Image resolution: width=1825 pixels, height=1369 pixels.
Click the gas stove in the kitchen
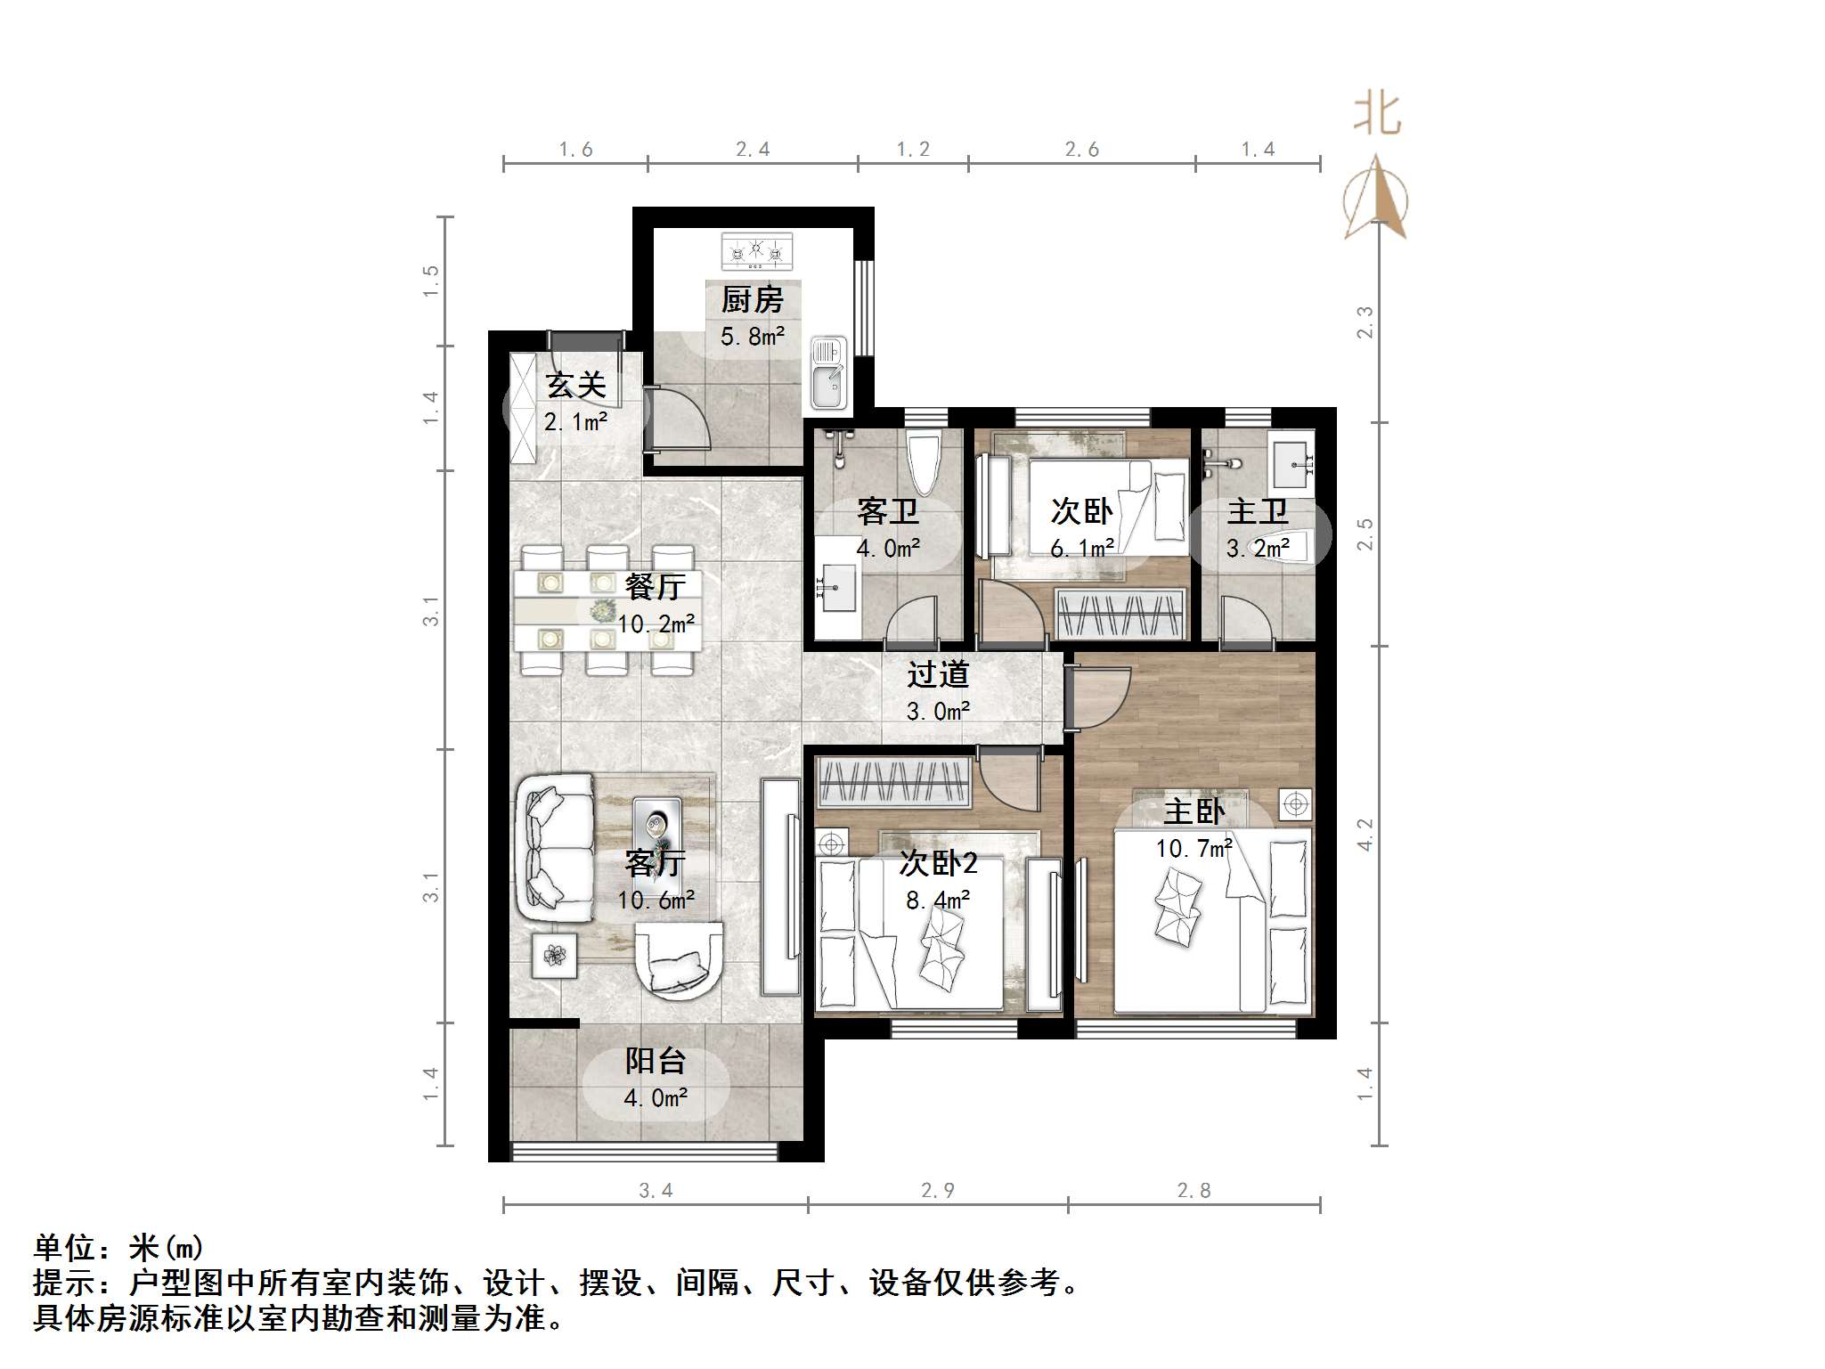(756, 251)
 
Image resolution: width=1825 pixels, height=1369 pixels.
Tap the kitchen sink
(828, 373)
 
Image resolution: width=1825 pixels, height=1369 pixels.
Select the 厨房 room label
(753, 299)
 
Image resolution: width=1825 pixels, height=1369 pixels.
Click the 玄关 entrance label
(575, 385)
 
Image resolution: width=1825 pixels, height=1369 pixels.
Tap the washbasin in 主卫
(1291, 463)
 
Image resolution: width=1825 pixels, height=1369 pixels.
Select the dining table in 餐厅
(607, 611)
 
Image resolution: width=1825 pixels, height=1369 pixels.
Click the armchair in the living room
(679, 960)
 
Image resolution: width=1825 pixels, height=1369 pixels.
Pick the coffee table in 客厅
(656, 829)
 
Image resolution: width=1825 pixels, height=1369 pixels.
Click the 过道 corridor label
(938, 674)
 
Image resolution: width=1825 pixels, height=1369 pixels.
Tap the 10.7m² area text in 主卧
(1194, 848)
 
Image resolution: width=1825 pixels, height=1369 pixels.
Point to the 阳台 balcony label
(655, 1061)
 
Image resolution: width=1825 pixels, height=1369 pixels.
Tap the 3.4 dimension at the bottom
(656, 1190)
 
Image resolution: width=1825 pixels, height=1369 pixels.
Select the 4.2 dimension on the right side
(1365, 835)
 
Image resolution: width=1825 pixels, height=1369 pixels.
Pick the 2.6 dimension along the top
(1081, 150)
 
